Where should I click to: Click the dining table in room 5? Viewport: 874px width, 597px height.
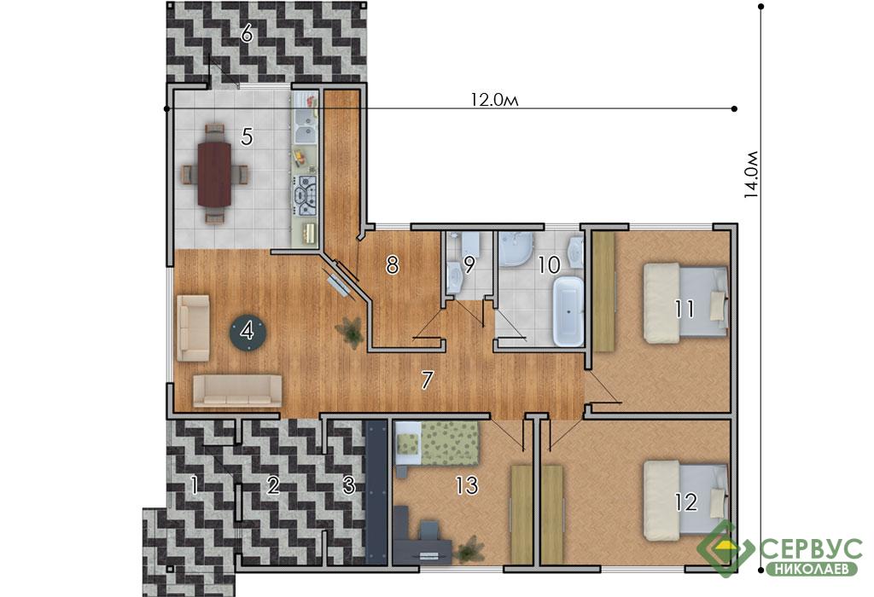[x=214, y=174]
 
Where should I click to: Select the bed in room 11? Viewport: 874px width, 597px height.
[x=686, y=303]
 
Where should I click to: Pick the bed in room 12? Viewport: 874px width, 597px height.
[x=686, y=501]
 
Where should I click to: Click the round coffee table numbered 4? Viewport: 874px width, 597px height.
[x=248, y=332]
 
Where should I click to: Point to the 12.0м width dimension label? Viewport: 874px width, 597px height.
[x=494, y=101]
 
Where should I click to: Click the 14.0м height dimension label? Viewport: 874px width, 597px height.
[x=752, y=174]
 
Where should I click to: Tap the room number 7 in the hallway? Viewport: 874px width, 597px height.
[x=427, y=380]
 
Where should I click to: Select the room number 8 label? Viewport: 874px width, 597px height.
[x=393, y=265]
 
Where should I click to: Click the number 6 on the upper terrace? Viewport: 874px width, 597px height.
[x=247, y=34]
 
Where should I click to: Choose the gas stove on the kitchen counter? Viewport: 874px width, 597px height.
[x=306, y=195]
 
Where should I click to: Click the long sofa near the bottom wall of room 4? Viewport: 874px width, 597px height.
[x=237, y=391]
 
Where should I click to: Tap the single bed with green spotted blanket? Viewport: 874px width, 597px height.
[x=437, y=443]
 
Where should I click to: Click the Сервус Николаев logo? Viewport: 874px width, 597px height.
[x=780, y=549]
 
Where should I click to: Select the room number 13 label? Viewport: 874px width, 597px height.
[x=467, y=485]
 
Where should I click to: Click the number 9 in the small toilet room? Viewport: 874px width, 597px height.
[x=469, y=265]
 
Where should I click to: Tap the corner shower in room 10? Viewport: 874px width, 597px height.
[x=516, y=248]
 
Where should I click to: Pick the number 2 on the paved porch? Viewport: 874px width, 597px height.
[x=272, y=485]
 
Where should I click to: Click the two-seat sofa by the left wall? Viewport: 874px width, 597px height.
[x=194, y=328]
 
